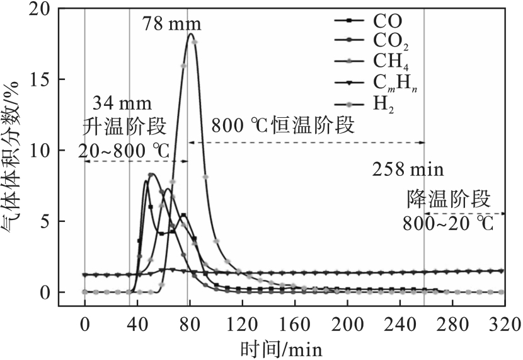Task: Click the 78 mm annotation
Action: (x=171, y=25)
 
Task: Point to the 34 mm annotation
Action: (x=122, y=103)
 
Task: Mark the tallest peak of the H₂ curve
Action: (x=190, y=34)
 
